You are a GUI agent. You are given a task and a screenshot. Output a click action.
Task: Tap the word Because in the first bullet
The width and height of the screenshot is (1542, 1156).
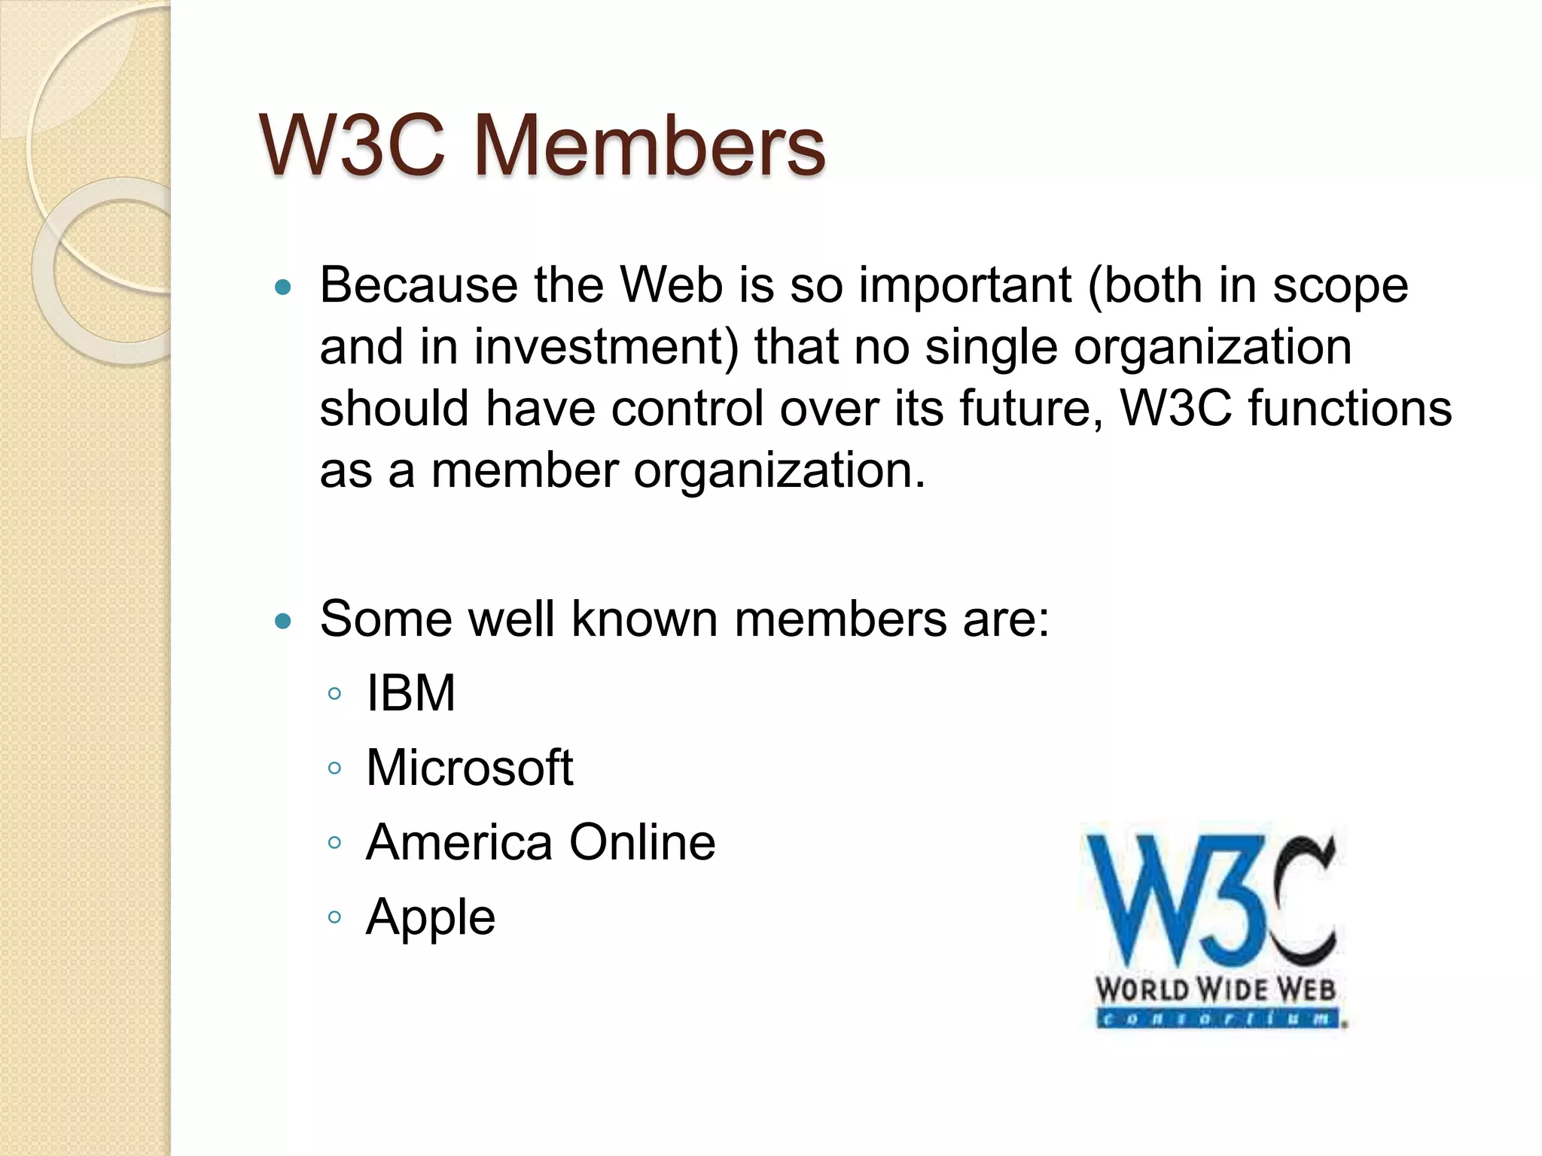click(x=419, y=286)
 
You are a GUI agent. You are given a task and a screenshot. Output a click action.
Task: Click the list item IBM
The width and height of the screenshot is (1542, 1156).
click(x=410, y=693)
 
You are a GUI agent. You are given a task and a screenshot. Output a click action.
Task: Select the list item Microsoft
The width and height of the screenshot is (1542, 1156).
click(x=469, y=768)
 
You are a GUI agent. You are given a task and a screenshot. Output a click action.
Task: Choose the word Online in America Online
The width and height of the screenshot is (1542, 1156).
click(x=641, y=842)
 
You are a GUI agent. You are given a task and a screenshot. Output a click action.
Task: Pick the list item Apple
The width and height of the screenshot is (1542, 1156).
click(x=430, y=918)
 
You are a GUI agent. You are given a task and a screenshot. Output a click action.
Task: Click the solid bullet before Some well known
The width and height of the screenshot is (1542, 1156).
click(x=283, y=622)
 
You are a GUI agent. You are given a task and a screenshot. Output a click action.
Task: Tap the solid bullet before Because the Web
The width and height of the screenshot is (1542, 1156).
click(x=283, y=287)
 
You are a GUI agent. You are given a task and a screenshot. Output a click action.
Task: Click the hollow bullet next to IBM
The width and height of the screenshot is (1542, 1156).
click(x=335, y=694)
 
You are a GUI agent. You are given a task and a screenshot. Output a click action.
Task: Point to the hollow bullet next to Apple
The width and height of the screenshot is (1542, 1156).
click(x=335, y=917)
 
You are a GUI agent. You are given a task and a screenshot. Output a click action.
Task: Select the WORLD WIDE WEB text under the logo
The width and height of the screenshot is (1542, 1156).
click(x=1215, y=989)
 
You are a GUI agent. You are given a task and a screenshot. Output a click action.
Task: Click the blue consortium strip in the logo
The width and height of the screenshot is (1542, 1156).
click(x=1217, y=1020)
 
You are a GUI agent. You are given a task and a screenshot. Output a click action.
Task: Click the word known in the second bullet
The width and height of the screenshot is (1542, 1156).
click(x=644, y=620)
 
